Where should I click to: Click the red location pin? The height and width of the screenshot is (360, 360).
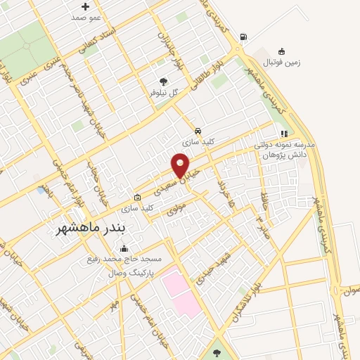click(181, 165)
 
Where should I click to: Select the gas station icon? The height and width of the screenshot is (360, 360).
click(243, 37)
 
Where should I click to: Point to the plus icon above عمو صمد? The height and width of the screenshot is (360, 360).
click(85, 6)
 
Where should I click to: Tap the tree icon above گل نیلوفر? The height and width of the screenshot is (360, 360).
click(163, 82)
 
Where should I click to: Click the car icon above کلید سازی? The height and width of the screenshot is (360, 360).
click(198, 131)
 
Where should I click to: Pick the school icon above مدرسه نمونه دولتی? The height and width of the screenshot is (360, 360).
click(285, 133)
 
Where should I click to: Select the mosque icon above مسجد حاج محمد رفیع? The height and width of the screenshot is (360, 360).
click(124, 248)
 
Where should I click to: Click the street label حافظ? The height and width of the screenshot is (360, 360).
click(265, 188)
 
